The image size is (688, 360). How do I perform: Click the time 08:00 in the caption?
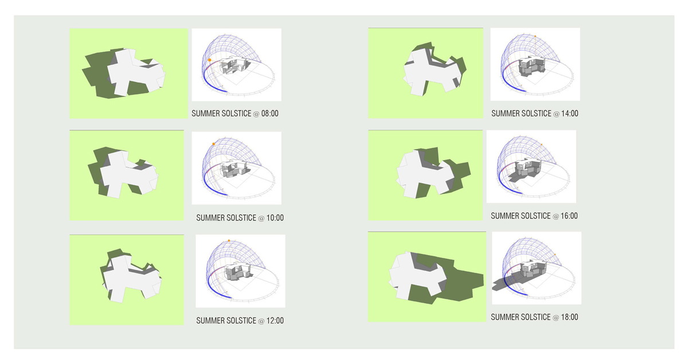pos(269,114)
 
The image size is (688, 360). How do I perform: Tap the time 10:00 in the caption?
pos(275,218)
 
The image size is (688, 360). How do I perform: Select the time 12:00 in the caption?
pos(275,320)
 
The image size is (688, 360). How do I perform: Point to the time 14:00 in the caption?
pos(569,114)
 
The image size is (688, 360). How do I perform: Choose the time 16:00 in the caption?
pos(569,216)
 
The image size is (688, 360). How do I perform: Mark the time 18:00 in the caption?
pos(569,317)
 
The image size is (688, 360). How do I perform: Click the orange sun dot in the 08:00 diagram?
pos(209,60)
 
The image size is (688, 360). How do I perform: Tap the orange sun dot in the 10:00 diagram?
pos(214,144)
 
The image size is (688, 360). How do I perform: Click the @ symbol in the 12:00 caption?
pos(261,321)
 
